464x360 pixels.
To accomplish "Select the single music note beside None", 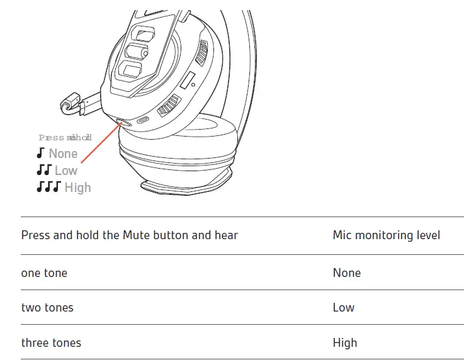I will pyautogui.click(x=41, y=153).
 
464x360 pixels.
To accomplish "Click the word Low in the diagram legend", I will pyautogui.click(x=66, y=171).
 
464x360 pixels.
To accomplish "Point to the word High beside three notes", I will pyautogui.click(x=77, y=188).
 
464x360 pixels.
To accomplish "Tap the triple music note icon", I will pyautogui.click(x=48, y=187).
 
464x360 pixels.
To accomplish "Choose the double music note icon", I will pyautogui.click(x=43, y=170).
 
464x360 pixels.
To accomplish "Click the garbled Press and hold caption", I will pyautogui.click(x=65, y=137).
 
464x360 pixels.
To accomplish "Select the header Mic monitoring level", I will pyautogui.click(x=386, y=235).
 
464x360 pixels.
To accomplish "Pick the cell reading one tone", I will pyautogui.click(x=44, y=273).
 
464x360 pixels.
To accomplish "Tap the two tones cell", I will pyautogui.click(x=47, y=308).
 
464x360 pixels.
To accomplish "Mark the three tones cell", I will pyautogui.click(x=51, y=343).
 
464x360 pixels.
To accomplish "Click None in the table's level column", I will pyautogui.click(x=346, y=273).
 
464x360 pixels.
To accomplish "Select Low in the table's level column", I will pyautogui.click(x=343, y=308).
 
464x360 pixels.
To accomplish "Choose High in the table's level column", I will pyautogui.click(x=344, y=343).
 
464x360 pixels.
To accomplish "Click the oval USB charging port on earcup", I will pyautogui.click(x=144, y=120).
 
